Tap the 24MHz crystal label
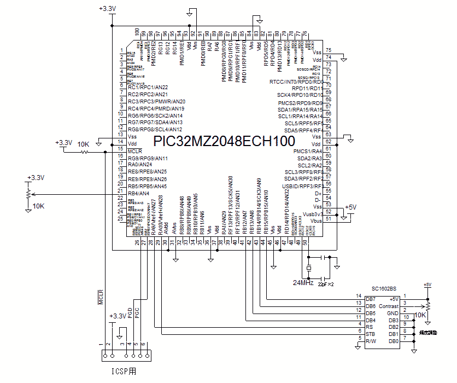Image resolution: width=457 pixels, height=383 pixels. tap(303, 283)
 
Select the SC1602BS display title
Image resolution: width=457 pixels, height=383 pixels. tap(384, 288)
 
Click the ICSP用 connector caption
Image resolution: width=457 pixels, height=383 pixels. tap(123, 372)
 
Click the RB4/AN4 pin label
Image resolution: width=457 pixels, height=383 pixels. tap(138, 194)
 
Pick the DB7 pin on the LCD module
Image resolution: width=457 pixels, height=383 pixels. tap(371, 299)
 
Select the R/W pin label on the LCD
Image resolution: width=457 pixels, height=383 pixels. tap(371, 341)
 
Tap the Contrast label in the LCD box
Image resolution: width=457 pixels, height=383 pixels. tap(389, 306)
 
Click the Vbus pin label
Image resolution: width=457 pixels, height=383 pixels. tap(315, 220)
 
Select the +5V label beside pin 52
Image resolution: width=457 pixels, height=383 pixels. tap(350, 207)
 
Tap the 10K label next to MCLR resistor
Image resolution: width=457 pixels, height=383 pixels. tap(84, 143)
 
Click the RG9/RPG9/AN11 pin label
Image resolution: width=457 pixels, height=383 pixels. tap(147, 158)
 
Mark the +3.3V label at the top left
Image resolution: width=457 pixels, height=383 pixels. tap(107, 9)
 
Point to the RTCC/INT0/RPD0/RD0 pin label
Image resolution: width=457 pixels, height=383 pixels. tap(296, 82)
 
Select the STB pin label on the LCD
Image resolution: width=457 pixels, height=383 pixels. tap(371, 334)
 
